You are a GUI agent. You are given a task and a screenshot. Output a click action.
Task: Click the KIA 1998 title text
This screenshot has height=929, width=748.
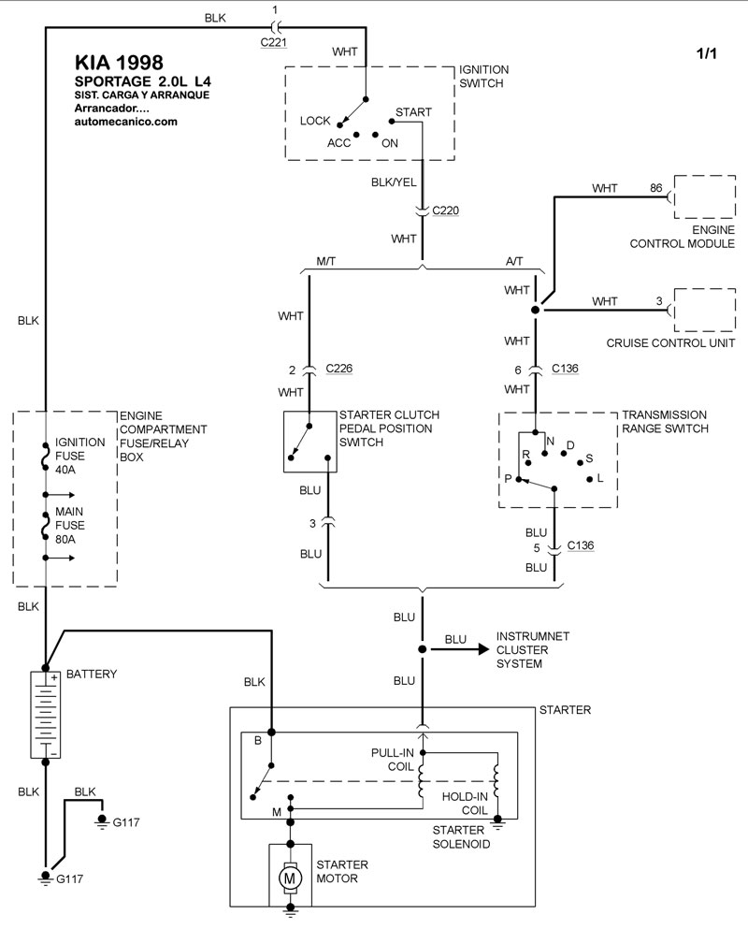(x=118, y=63)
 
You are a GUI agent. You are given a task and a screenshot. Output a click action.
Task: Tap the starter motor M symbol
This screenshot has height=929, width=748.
(x=290, y=878)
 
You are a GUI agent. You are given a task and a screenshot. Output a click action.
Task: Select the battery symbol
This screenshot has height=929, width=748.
(x=45, y=715)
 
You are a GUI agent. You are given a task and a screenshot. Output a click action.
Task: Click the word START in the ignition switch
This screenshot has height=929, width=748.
(x=413, y=112)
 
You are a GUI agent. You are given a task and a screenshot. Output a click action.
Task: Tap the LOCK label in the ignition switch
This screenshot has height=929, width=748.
(x=316, y=121)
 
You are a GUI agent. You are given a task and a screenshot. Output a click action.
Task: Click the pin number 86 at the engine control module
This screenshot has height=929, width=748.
(x=656, y=188)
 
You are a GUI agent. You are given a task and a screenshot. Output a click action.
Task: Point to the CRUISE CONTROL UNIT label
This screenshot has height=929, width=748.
(x=668, y=342)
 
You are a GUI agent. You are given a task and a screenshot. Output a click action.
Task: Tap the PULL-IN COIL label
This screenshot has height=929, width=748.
(x=392, y=758)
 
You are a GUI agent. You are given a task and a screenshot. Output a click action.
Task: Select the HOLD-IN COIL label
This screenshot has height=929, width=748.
(x=463, y=804)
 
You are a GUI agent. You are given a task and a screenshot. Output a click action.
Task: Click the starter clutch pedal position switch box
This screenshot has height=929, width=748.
(x=309, y=441)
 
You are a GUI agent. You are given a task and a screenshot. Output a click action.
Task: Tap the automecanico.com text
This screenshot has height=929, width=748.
(x=125, y=121)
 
